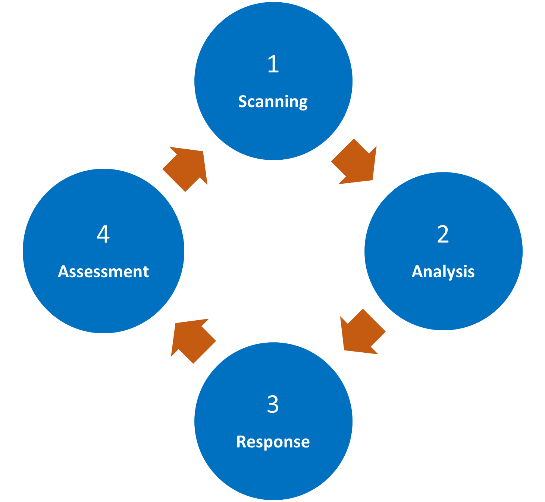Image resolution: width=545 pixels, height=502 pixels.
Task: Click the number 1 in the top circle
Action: pos(273,64)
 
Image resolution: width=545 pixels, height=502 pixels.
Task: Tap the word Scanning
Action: pos(273,102)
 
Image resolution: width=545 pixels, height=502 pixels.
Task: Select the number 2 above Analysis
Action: pos(443,234)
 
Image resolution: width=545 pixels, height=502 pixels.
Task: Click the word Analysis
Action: pos(443,272)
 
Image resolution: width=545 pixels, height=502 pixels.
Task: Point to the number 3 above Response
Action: pos(273,404)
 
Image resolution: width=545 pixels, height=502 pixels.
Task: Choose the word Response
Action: pos(273,442)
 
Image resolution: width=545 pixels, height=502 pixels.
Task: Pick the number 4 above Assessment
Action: pos(103,234)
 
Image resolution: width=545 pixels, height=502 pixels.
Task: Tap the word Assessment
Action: pos(103,272)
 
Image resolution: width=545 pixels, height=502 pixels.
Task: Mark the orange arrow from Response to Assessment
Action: pos(192,339)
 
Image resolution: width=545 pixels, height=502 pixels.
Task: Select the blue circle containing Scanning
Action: pos(273,134)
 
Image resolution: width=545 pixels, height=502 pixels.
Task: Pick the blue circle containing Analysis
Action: pos(443,302)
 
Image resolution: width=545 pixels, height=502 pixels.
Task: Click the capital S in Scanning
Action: pos(243,102)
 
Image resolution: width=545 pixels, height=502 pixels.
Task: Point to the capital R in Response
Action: pos(241,442)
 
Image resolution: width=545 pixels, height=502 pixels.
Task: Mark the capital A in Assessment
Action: pos(63,272)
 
